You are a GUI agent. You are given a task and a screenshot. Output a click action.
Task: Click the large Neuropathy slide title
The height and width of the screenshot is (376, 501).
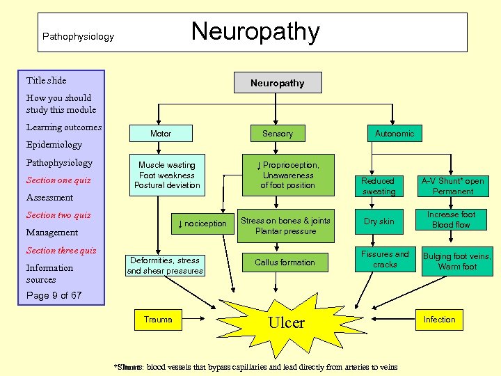(x=255, y=32)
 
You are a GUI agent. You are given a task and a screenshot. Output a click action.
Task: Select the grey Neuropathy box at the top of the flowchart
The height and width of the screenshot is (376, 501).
(x=278, y=83)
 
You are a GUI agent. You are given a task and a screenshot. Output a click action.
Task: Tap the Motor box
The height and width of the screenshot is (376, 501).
(x=161, y=133)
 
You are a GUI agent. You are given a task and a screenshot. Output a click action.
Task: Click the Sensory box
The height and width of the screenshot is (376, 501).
(x=278, y=133)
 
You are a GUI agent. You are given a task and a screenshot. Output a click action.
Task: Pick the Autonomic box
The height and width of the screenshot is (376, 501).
(x=395, y=133)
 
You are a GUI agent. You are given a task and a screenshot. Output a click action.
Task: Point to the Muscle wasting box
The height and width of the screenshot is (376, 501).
(x=167, y=175)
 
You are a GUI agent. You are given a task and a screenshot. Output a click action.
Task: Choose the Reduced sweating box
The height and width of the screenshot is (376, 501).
(x=379, y=186)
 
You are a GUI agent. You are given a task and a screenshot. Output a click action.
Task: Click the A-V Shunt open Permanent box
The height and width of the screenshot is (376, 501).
(x=452, y=186)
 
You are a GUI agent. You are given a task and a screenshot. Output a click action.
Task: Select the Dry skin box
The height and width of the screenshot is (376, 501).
(x=379, y=221)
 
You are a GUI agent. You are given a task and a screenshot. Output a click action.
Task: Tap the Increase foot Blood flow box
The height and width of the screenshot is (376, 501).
(x=452, y=220)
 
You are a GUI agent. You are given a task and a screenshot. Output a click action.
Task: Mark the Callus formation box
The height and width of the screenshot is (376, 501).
(x=285, y=263)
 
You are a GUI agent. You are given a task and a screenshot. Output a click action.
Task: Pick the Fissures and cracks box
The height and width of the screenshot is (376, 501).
(x=385, y=259)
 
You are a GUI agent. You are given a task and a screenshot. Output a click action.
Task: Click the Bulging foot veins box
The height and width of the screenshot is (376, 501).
(x=457, y=261)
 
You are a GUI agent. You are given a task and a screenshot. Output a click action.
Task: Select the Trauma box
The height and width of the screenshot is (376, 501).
(x=158, y=320)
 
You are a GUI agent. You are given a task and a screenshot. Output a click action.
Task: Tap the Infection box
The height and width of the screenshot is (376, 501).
(x=439, y=320)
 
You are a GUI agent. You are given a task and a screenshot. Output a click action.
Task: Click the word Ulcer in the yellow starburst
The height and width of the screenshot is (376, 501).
(x=286, y=322)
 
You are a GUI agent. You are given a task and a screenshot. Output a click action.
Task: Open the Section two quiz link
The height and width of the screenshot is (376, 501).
(x=58, y=215)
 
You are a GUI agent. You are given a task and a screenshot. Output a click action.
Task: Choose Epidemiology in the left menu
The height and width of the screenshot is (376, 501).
(x=54, y=145)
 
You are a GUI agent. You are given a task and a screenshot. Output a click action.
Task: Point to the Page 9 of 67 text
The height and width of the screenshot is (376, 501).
(x=54, y=295)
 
